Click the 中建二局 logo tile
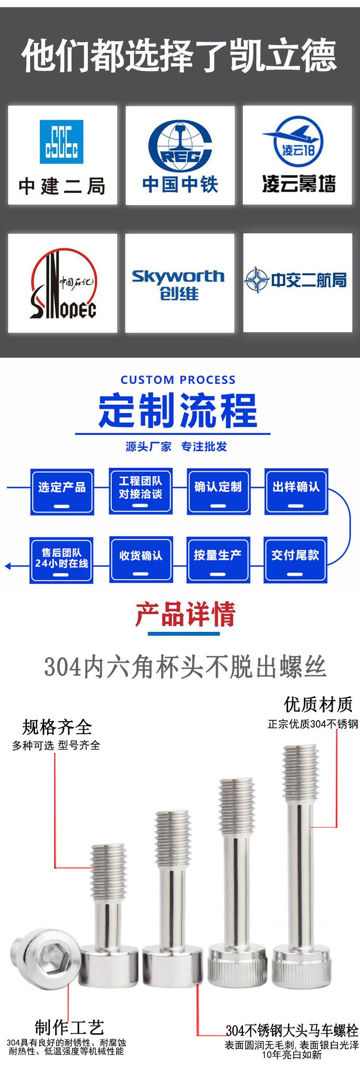coord(62,156)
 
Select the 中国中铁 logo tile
coord(180,156)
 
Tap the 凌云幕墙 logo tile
coord(298,156)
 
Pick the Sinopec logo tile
coord(62,283)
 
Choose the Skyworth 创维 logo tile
coord(180,283)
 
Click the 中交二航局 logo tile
coord(298,283)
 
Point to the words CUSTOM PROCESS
coord(178,380)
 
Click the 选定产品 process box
coord(62,492)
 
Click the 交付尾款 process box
coord(295,560)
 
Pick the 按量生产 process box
coord(218,560)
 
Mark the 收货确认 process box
coord(141,560)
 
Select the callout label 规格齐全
coord(57,727)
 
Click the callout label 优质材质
coord(318,704)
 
